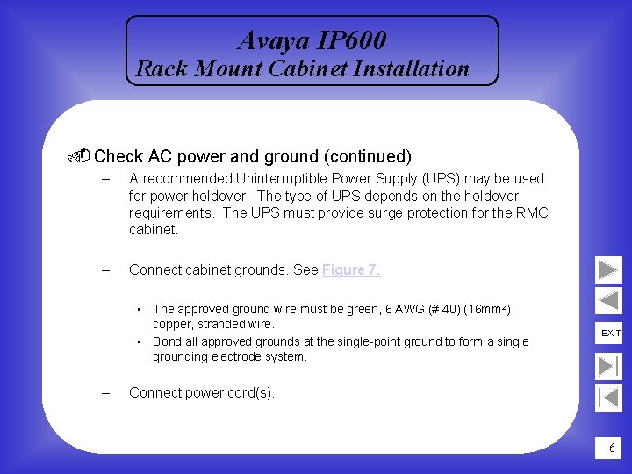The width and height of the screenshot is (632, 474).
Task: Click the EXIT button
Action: pyautogui.click(x=608, y=334)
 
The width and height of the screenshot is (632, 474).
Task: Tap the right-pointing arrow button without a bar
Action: pyautogui.click(x=608, y=269)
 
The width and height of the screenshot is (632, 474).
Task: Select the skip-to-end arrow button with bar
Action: pyautogui.click(x=608, y=365)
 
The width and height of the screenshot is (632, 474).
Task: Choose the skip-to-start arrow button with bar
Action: pyautogui.click(x=608, y=397)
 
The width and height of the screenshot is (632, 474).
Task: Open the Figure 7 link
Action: pyautogui.click(x=351, y=270)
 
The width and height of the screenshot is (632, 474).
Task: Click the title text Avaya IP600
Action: pyautogui.click(x=312, y=40)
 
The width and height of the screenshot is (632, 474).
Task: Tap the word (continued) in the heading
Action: pyautogui.click(x=367, y=157)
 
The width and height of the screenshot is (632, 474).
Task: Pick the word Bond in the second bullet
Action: pyautogui.click(x=167, y=341)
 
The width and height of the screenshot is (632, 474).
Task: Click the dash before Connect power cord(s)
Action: pyautogui.click(x=104, y=393)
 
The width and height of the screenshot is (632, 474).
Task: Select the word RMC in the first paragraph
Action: pyautogui.click(x=530, y=213)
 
